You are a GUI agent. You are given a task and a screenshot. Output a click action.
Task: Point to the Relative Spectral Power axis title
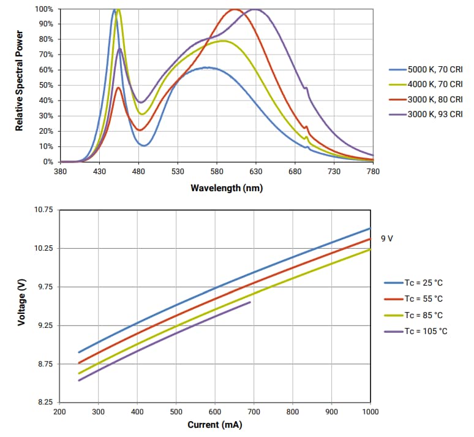(x=20, y=86)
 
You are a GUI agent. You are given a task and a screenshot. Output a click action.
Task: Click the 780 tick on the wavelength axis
(x=372, y=172)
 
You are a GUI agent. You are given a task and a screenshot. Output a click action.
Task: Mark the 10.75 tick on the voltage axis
(x=45, y=210)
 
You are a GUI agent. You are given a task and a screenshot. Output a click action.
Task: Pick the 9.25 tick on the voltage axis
(x=45, y=325)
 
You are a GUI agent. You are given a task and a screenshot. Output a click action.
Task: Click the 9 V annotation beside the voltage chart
(x=386, y=238)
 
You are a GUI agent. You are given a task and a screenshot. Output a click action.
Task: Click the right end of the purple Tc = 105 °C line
(x=250, y=302)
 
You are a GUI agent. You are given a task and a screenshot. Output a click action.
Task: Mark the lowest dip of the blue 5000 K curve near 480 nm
(x=145, y=146)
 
